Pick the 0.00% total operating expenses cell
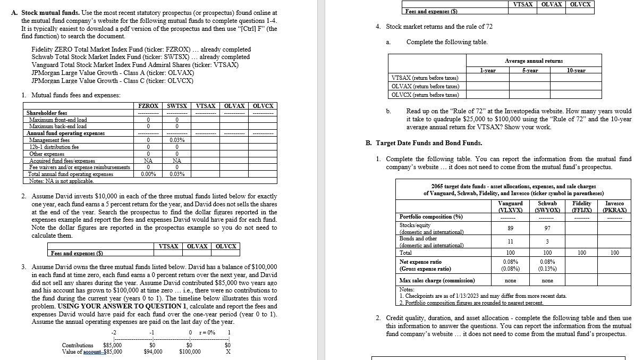[x=148, y=174]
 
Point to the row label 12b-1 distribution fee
[x=54, y=147]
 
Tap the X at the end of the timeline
[x=228, y=351]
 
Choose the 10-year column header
[x=576, y=70]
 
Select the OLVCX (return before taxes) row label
[x=425, y=95]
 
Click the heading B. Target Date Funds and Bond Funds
[x=424, y=143]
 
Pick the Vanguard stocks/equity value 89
[x=510, y=228]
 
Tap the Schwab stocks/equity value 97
[x=547, y=228]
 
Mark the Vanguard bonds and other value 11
[x=510, y=241]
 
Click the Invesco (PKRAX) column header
[x=615, y=207]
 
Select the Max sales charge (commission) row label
[x=437, y=280]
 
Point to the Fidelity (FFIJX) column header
[x=581, y=207]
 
